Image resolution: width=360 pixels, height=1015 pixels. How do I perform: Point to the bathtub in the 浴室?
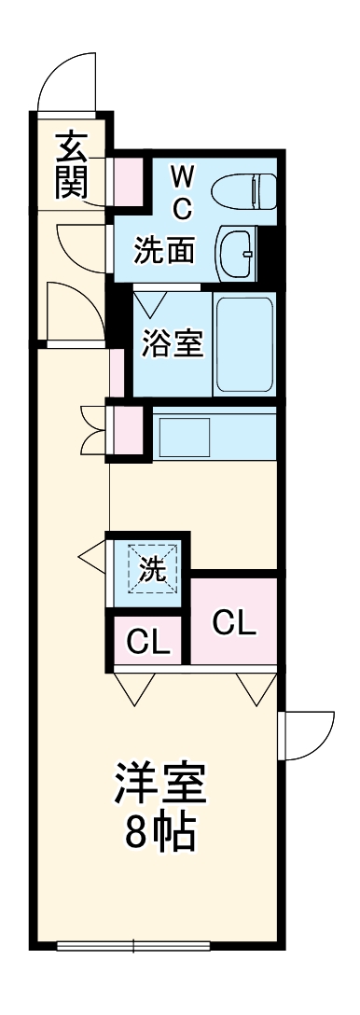[243, 344]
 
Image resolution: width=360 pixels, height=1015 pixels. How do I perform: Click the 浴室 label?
[172, 343]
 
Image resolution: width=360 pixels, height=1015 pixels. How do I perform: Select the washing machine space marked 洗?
[151, 569]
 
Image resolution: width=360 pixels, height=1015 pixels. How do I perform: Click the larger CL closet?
[233, 622]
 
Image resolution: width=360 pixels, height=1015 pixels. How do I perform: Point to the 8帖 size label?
[159, 833]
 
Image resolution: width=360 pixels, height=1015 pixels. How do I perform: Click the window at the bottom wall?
[132, 945]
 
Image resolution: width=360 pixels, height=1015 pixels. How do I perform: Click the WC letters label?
[183, 189]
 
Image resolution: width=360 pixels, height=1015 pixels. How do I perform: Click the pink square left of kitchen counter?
[129, 431]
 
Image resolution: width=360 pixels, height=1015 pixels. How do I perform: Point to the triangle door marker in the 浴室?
[150, 303]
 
